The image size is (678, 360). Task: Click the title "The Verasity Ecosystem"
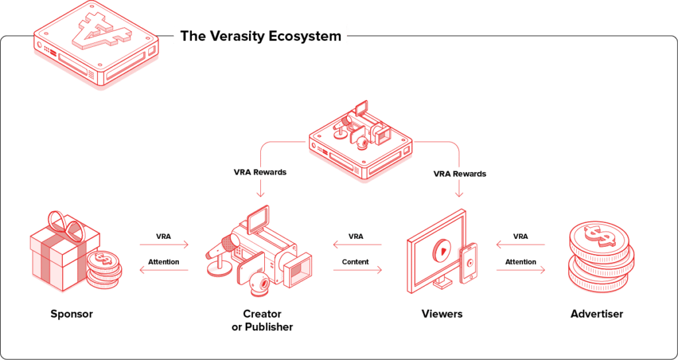260,36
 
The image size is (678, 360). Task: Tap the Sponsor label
72,314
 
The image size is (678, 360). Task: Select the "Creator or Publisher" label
262,320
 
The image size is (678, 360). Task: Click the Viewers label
442,314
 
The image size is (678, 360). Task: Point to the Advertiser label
597,314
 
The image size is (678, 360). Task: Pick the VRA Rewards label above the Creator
260,172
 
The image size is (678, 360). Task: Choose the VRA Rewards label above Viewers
460,173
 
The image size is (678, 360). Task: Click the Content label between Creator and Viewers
356,261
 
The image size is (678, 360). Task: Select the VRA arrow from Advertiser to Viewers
520,245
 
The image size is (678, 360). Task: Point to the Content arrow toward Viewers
358,270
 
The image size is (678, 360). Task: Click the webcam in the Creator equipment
259,283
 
